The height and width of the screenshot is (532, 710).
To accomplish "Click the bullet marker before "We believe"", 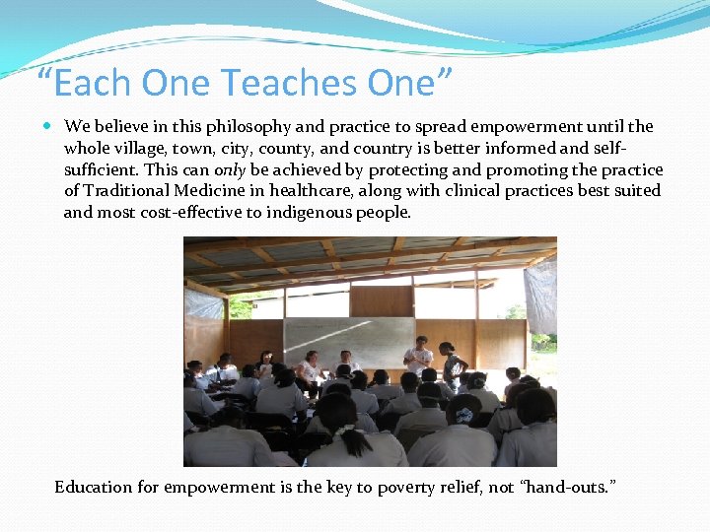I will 50,127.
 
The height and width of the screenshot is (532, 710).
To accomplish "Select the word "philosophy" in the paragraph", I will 238,126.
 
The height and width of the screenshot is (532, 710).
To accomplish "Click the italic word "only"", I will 229,169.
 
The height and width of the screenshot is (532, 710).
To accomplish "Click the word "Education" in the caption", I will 93,487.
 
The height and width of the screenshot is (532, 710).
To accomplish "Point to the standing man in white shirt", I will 418,356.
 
